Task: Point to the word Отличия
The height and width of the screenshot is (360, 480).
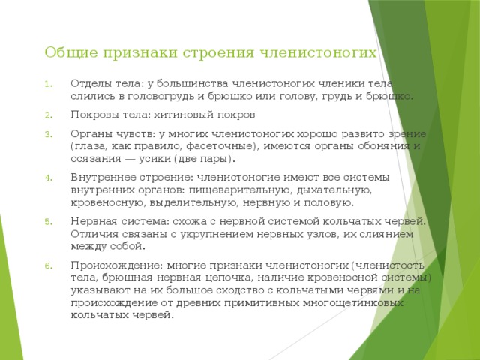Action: pos(94,233)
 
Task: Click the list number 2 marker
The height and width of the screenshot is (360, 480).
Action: pos(47,115)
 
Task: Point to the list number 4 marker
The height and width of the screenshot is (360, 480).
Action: pos(47,178)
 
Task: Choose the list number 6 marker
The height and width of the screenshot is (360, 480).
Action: pos(47,265)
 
